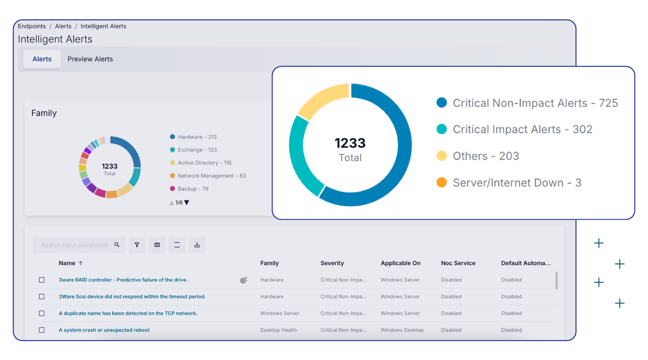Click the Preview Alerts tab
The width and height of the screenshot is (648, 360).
[90, 59]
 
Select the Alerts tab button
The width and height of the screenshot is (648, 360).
[42, 59]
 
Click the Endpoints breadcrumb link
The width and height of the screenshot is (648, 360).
[31, 26]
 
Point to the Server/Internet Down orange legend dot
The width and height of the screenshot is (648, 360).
[442, 182]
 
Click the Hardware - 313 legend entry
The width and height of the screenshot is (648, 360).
[197, 137]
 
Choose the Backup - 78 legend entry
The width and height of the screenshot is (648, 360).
[192, 189]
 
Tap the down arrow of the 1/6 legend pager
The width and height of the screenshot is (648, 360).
[187, 203]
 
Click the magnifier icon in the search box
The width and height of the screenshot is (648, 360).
[117, 245]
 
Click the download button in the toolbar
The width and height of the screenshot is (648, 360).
[197, 245]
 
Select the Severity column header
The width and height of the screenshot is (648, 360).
[332, 263]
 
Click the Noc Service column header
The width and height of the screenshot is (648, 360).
[458, 263]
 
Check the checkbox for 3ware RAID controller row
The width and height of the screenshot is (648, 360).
[42, 280]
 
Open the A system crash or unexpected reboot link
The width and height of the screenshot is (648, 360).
[104, 330]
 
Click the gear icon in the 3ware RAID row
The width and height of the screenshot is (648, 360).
[243, 280]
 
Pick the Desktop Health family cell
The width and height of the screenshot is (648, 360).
[278, 330]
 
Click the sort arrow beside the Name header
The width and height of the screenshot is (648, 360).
[81, 263]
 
